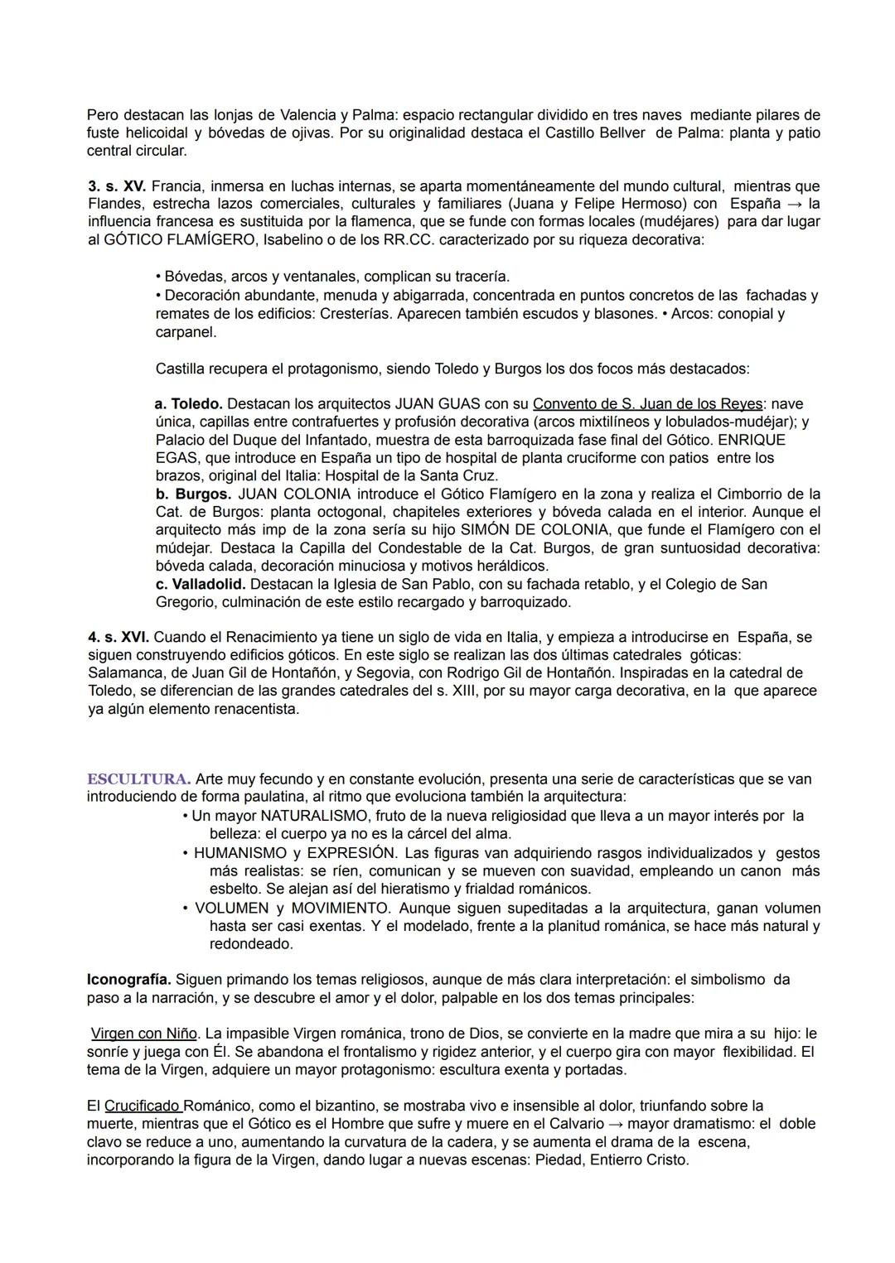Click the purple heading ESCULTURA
138,779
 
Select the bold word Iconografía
128,980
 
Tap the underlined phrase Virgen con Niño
143,1034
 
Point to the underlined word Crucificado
143,1106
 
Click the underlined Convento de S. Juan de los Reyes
647,404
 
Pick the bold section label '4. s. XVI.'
119,637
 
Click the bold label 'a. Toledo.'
188,404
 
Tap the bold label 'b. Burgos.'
192,494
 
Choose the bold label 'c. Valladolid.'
200,585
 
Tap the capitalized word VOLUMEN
231,909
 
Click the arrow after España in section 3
793,204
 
